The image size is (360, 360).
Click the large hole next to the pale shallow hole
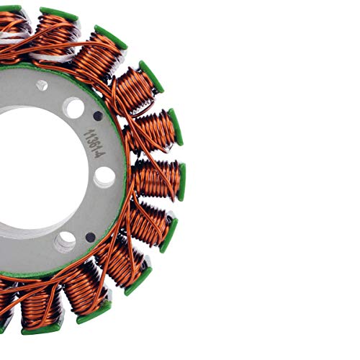pos(73,108)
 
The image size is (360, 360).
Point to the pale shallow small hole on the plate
pos(42,85)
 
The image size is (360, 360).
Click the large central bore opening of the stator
pos(29,173)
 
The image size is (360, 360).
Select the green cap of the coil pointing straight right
pos(182,181)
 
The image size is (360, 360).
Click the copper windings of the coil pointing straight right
pos(155,179)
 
